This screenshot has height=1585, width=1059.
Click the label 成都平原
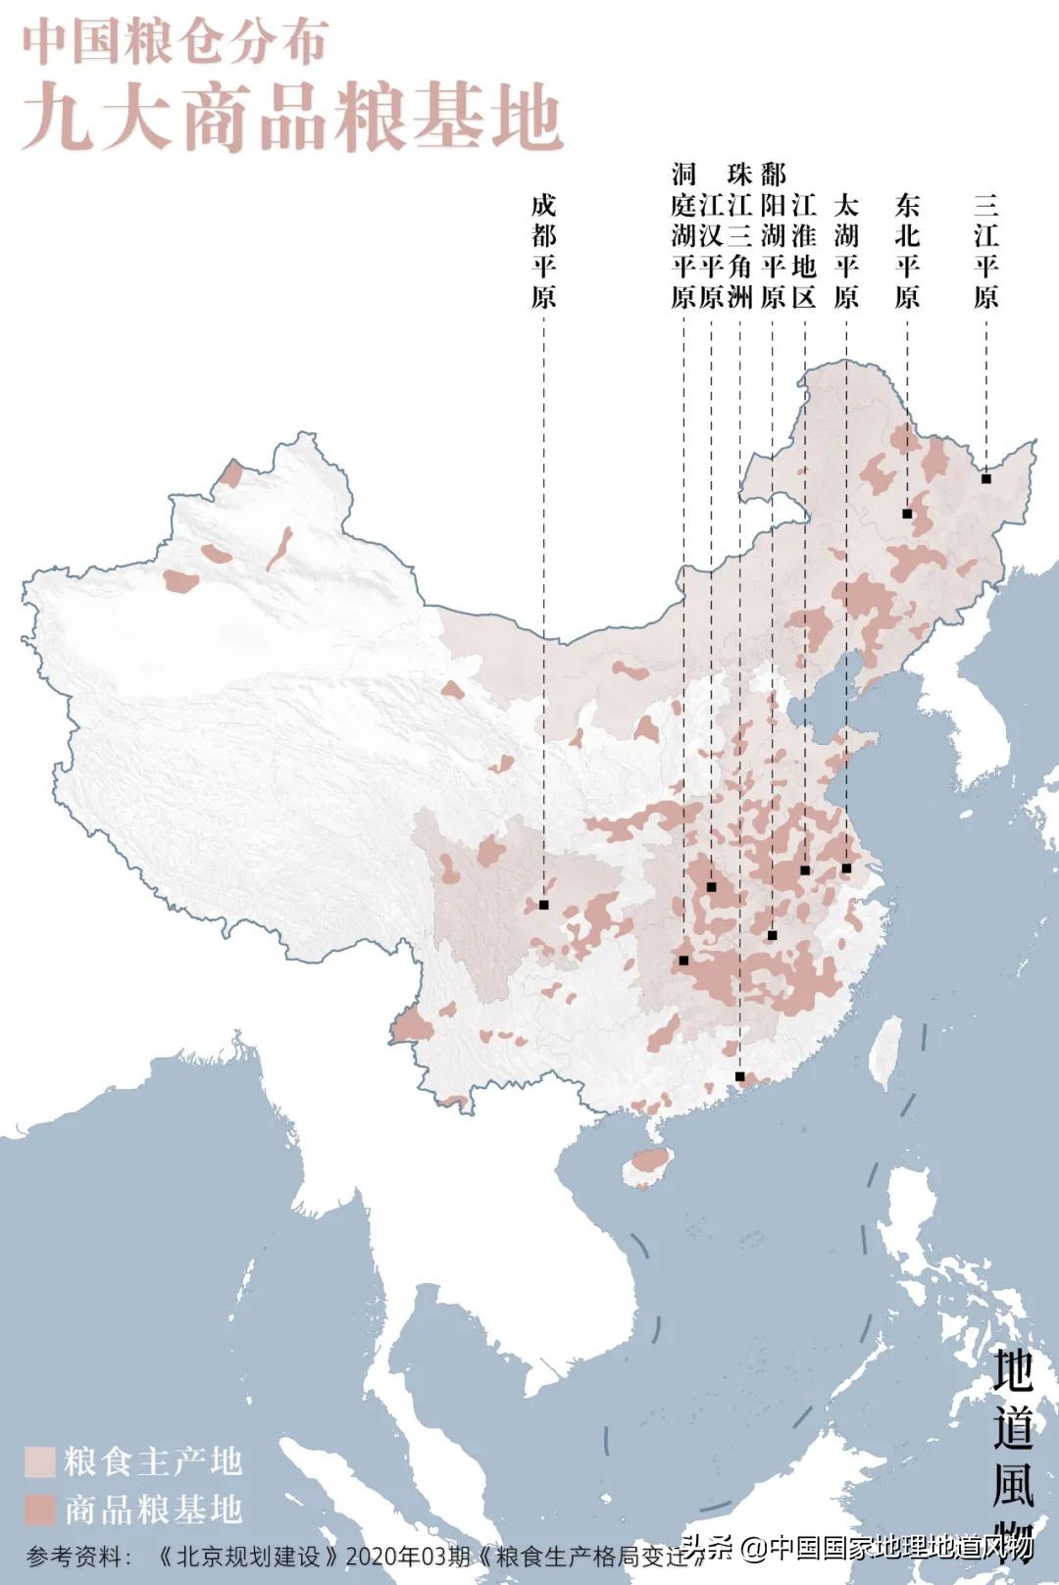click(x=544, y=251)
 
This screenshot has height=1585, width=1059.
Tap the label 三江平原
click(x=985, y=251)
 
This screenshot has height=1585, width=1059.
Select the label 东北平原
click(x=907, y=251)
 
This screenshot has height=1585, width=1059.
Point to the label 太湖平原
click(x=846, y=251)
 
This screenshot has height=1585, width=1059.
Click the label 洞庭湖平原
click(x=683, y=236)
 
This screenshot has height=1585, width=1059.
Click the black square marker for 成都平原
click(x=544, y=905)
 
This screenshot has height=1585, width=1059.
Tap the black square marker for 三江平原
click(x=985, y=478)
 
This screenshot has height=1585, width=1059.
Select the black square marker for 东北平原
click(x=907, y=514)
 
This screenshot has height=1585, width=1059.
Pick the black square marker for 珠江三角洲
click(x=740, y=1076)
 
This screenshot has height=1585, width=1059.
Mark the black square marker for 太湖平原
click(x=846, y=868)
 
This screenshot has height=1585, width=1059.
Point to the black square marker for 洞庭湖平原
click(x=683, y=961)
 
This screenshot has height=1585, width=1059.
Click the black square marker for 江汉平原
click(x=712, y=887)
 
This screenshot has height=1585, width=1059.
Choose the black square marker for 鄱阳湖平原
click(x=773, y=935)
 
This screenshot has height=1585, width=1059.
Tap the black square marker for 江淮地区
click(x=805, y=870)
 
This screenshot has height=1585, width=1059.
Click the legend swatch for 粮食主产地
click(x=39, y=1461)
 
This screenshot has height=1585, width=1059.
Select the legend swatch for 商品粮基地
click(x=39, y=1509)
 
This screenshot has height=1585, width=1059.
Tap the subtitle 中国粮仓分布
click(x=175, y=42)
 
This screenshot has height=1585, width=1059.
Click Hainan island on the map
click(x=648, y=1165)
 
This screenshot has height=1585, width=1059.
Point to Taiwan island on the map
click(x=887, y=1051)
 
